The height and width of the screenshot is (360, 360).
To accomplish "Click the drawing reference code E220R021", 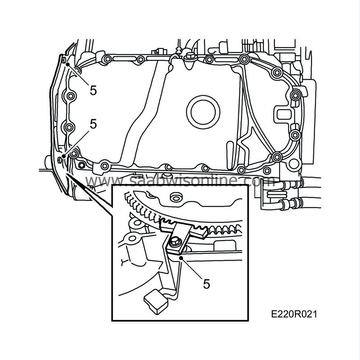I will click(294, 314).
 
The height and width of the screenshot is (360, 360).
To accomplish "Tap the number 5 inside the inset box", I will click(206, 284).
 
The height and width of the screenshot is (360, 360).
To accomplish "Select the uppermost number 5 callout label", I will click(93, 90).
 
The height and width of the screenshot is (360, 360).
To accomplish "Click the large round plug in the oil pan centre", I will click(205, 112).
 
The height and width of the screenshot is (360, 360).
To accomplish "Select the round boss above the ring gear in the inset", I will click(176, 196).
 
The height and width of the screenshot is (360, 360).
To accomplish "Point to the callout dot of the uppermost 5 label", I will click(67, 63).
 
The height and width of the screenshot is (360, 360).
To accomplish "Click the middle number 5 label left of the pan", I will click(93, 124).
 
